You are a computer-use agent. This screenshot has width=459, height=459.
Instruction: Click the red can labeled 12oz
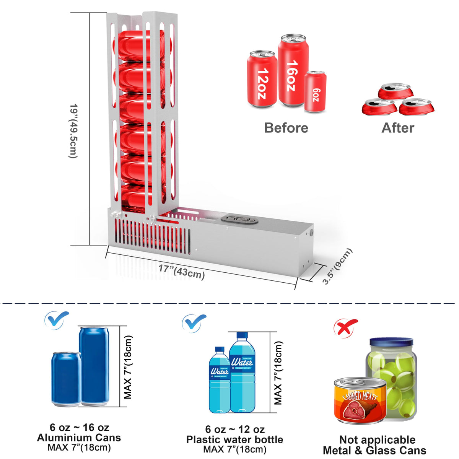click(x=262, y=79)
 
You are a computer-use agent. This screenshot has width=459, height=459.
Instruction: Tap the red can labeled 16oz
click(x=293, y=70)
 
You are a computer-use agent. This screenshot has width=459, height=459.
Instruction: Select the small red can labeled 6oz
click(x=315, y=91)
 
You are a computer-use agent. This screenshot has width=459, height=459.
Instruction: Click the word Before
click(x=286, y=128)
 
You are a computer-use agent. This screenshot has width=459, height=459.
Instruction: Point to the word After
click(x=398, y=128)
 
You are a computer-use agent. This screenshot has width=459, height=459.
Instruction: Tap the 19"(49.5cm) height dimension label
click(x=73, y=131)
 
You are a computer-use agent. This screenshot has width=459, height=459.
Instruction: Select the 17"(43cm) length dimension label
click(x=182, y=272)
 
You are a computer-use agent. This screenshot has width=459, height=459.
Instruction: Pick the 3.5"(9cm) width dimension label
click(x=337, y=266)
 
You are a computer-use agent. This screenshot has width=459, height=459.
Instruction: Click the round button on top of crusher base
click(x=239, y=219)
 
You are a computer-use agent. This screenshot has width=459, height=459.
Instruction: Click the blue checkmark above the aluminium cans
click(x=57, y=320)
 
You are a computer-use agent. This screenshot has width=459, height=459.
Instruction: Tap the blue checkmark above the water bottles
click(x=194, y=324)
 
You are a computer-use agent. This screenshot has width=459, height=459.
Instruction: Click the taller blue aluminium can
click(x=94, y=366)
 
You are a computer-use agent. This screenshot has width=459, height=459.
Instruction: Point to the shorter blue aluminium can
click(x=67, y=379)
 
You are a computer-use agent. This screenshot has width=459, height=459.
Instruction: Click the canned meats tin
click(x=360, y=400)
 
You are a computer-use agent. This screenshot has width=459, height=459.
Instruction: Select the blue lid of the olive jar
click(x=391, y=342)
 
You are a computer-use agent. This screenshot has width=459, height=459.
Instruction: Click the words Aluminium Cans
click(x=79, y=438)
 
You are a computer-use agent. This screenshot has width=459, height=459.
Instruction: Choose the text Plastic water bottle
click(x=234, y=439)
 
